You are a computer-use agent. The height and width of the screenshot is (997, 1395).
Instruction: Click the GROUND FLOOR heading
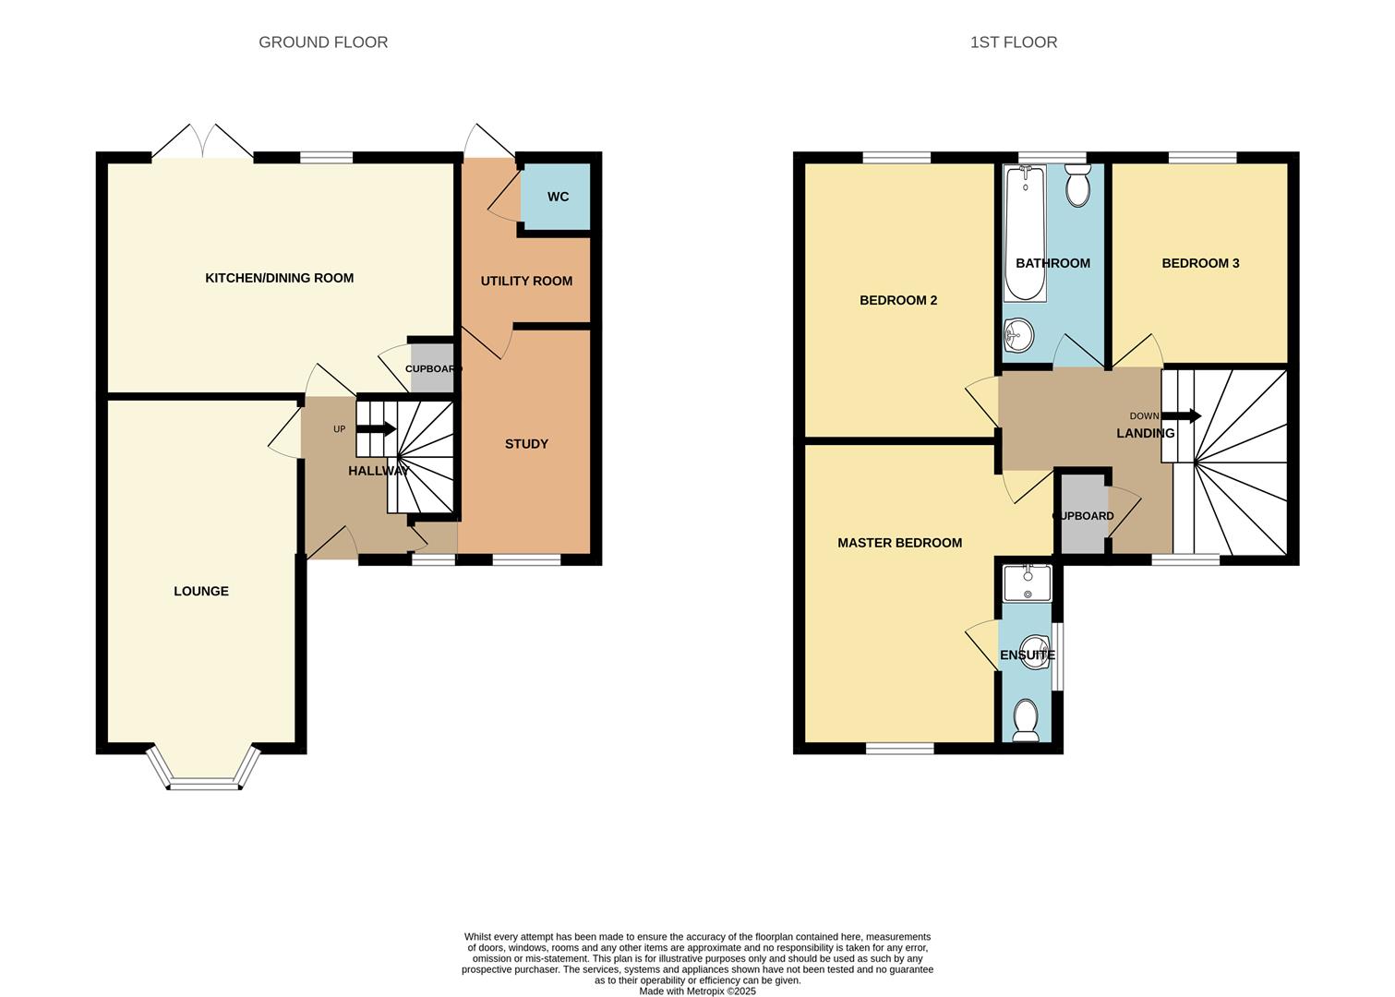[x=323, y=42]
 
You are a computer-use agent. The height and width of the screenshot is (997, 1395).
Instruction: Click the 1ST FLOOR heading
[x=1013, y=42]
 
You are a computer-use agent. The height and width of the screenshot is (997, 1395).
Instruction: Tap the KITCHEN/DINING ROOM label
[x=279, y=278]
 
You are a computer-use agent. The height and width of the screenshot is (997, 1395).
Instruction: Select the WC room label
[x=558, y=197]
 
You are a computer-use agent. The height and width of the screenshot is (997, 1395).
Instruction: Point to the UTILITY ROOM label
[x=526, y=281]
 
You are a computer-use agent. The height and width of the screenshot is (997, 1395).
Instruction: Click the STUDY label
[x=526, y=444]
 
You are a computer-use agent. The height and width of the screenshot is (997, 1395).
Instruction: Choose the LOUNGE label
[x=201, y=591]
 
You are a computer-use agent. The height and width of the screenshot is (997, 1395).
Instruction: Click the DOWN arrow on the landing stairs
[x=1181, y=416]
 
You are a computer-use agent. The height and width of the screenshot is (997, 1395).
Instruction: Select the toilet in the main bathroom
[x=1077, y=186]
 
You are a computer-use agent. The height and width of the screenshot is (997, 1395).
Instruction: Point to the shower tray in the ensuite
[x=1027, y=582]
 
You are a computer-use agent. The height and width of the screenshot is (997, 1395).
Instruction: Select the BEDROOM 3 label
[x=1200, y=263]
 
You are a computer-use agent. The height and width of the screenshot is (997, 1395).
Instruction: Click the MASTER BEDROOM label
[x=899, y=543]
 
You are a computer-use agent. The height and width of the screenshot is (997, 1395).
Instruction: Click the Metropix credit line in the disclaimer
[x=698, y=991]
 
